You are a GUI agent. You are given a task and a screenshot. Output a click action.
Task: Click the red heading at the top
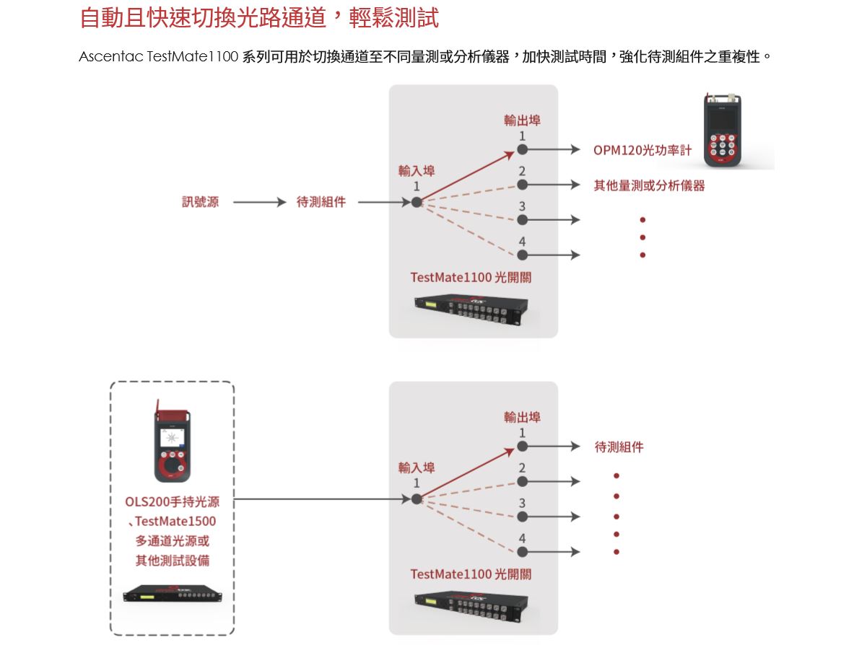click(x=258, y=17)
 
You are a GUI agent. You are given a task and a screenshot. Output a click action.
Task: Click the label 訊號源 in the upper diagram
click(x=200, y=202)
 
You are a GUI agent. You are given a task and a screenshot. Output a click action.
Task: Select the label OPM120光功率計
click(x=642, y=150)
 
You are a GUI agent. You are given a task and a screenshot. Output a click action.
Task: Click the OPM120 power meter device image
click(x=722, y=131)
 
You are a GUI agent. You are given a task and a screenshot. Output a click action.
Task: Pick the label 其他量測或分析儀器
click(x=648, y=185)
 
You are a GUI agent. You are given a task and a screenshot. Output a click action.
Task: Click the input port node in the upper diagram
click(x=417, y=202)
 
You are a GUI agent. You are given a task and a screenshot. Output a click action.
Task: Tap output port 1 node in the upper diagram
click(x=522, y=150)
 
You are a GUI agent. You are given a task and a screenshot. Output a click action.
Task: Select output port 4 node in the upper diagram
click(x=522, y=255)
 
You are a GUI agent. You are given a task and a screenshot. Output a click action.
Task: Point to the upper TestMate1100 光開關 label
click(x=471, y=277)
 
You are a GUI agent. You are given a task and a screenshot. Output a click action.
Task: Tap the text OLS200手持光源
click(x=172, y=501)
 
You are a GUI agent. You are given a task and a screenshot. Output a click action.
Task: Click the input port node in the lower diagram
click(x=417, y=499)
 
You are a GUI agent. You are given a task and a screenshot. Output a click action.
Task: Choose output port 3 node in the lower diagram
click(x=522, y=517)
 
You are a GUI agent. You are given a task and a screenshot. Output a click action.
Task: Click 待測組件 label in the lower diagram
click(x=619, y=447)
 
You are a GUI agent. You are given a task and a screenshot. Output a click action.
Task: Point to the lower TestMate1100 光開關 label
click(x=471, y=574)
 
